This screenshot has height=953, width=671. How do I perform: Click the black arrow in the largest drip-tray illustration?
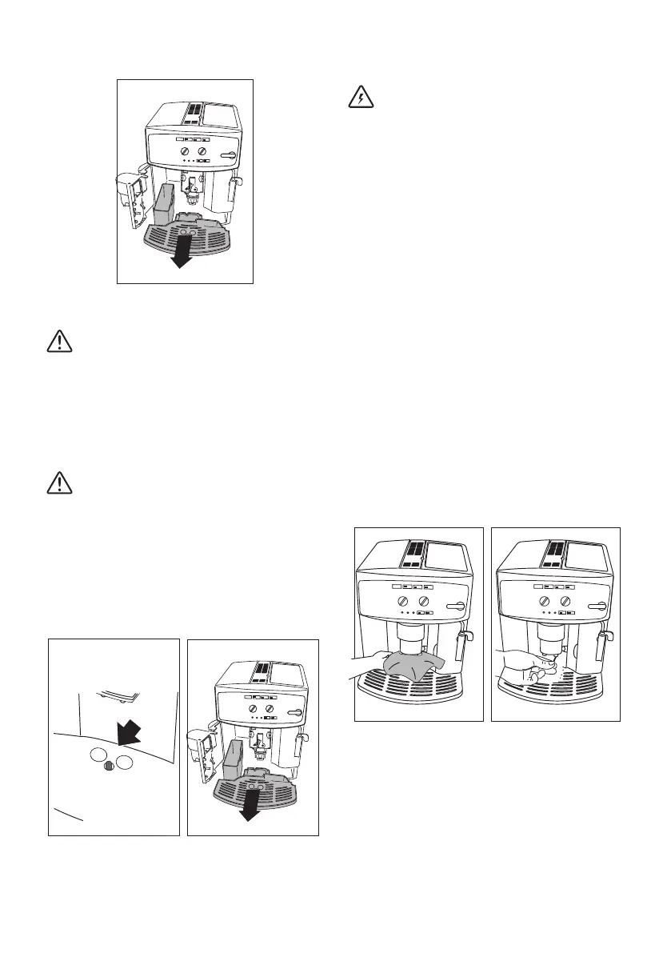183,254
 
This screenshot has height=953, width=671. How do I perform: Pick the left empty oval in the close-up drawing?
97,757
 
